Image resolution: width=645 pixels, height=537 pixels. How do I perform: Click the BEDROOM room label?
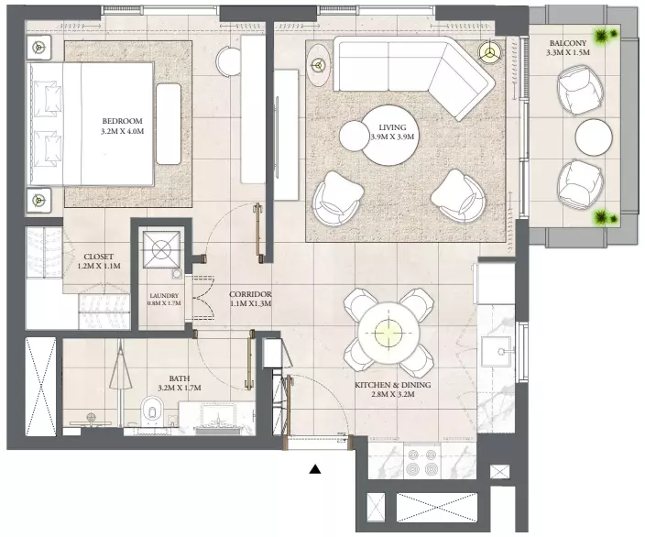pos(123,121)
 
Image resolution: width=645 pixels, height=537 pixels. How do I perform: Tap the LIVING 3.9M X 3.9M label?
pos(392,132)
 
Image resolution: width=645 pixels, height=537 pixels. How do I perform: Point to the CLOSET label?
pos(99,257)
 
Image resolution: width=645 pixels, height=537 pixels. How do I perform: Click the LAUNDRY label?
pos(164,295)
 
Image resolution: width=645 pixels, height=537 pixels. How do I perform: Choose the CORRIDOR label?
pos(250,295)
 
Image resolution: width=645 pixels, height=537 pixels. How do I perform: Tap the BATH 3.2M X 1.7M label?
pos(180,383)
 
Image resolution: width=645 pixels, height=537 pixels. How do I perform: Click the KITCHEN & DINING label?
pos(393,385)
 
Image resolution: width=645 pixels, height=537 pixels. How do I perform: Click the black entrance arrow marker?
pos(314,468)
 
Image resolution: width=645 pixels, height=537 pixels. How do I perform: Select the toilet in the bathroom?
pos(151,411)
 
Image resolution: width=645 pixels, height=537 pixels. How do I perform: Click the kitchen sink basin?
pos(496,351)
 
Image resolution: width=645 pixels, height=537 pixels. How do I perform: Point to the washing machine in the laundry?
pos(161,249)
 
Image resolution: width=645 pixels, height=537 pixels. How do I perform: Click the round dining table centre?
pos(388,333)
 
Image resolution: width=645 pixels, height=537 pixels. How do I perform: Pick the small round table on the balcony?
pos(594,137)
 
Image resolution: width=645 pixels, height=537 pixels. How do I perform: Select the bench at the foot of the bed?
pos(169,124)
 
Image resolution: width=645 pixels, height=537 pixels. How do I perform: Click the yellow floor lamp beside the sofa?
pos(489,52)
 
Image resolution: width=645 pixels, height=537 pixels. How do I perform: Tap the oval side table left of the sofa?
pos(318,64)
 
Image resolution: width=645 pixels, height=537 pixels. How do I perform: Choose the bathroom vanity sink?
pos(217,417)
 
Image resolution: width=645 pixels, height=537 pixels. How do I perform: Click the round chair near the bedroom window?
pos(229,61)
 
